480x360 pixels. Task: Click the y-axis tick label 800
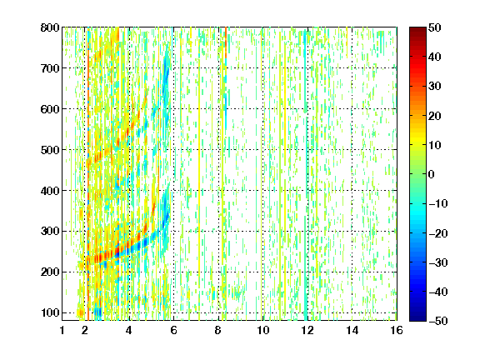(50, 27)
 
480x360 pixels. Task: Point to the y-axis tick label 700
(50, 68)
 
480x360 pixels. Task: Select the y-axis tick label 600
(50, 109)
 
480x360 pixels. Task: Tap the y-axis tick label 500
(50, 150)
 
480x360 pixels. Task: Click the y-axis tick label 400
(50, 191)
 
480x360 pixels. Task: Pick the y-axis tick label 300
(50, 232)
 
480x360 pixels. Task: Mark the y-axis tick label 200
(50, 272)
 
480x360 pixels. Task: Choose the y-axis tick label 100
(50, 312)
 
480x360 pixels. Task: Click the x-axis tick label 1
(62, 330)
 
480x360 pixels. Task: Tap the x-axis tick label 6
(173, 330)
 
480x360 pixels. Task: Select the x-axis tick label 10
(262, 330)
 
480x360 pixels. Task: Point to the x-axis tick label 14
(352, 330)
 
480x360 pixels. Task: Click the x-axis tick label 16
(397, 330)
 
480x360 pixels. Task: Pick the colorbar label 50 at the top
(434, 27)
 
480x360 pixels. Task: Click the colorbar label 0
(432, 174)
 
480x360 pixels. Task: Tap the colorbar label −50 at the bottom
(437, 321)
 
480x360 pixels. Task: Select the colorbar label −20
(437, 233)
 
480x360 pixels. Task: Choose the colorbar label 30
(434, 87)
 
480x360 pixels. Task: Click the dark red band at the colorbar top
(417, 33)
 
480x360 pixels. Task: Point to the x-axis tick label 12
(307, 330)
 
